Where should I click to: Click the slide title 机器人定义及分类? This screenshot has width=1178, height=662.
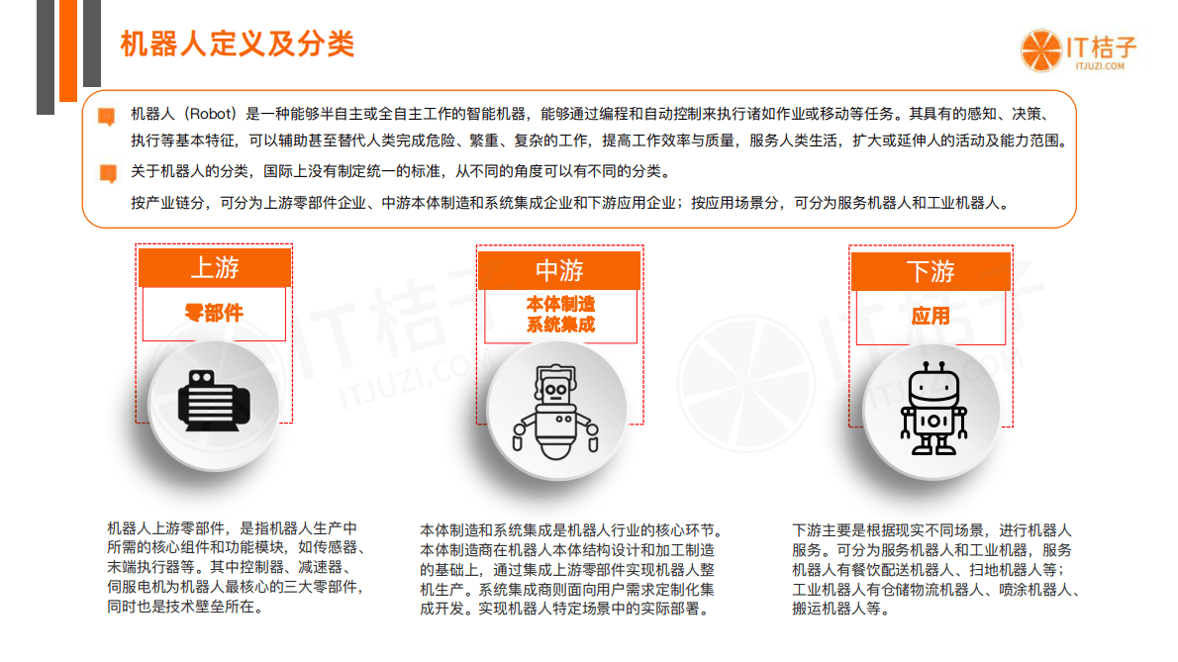(x=237, y=44)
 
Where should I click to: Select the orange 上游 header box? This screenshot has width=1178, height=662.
(x=214, y=267)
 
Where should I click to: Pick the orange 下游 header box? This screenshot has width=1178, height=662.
(x=930, y=271)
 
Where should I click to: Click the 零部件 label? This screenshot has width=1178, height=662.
(x=214, y=314)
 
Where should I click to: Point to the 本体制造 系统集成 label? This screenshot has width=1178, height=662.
(x=560, y=314)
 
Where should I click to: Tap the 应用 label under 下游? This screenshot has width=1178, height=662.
(x=930, y=316)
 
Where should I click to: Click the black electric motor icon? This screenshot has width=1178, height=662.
(x=214, y=400)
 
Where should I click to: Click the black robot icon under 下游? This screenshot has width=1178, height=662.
(x=932, y=408)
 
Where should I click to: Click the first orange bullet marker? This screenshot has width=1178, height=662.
(x=107, y=116)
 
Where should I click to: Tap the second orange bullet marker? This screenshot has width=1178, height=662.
(x=107, y=174)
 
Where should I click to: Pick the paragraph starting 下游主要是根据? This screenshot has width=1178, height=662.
(x=935, y=569)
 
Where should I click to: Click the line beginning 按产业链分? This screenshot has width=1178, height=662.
(x=569, y=203)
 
